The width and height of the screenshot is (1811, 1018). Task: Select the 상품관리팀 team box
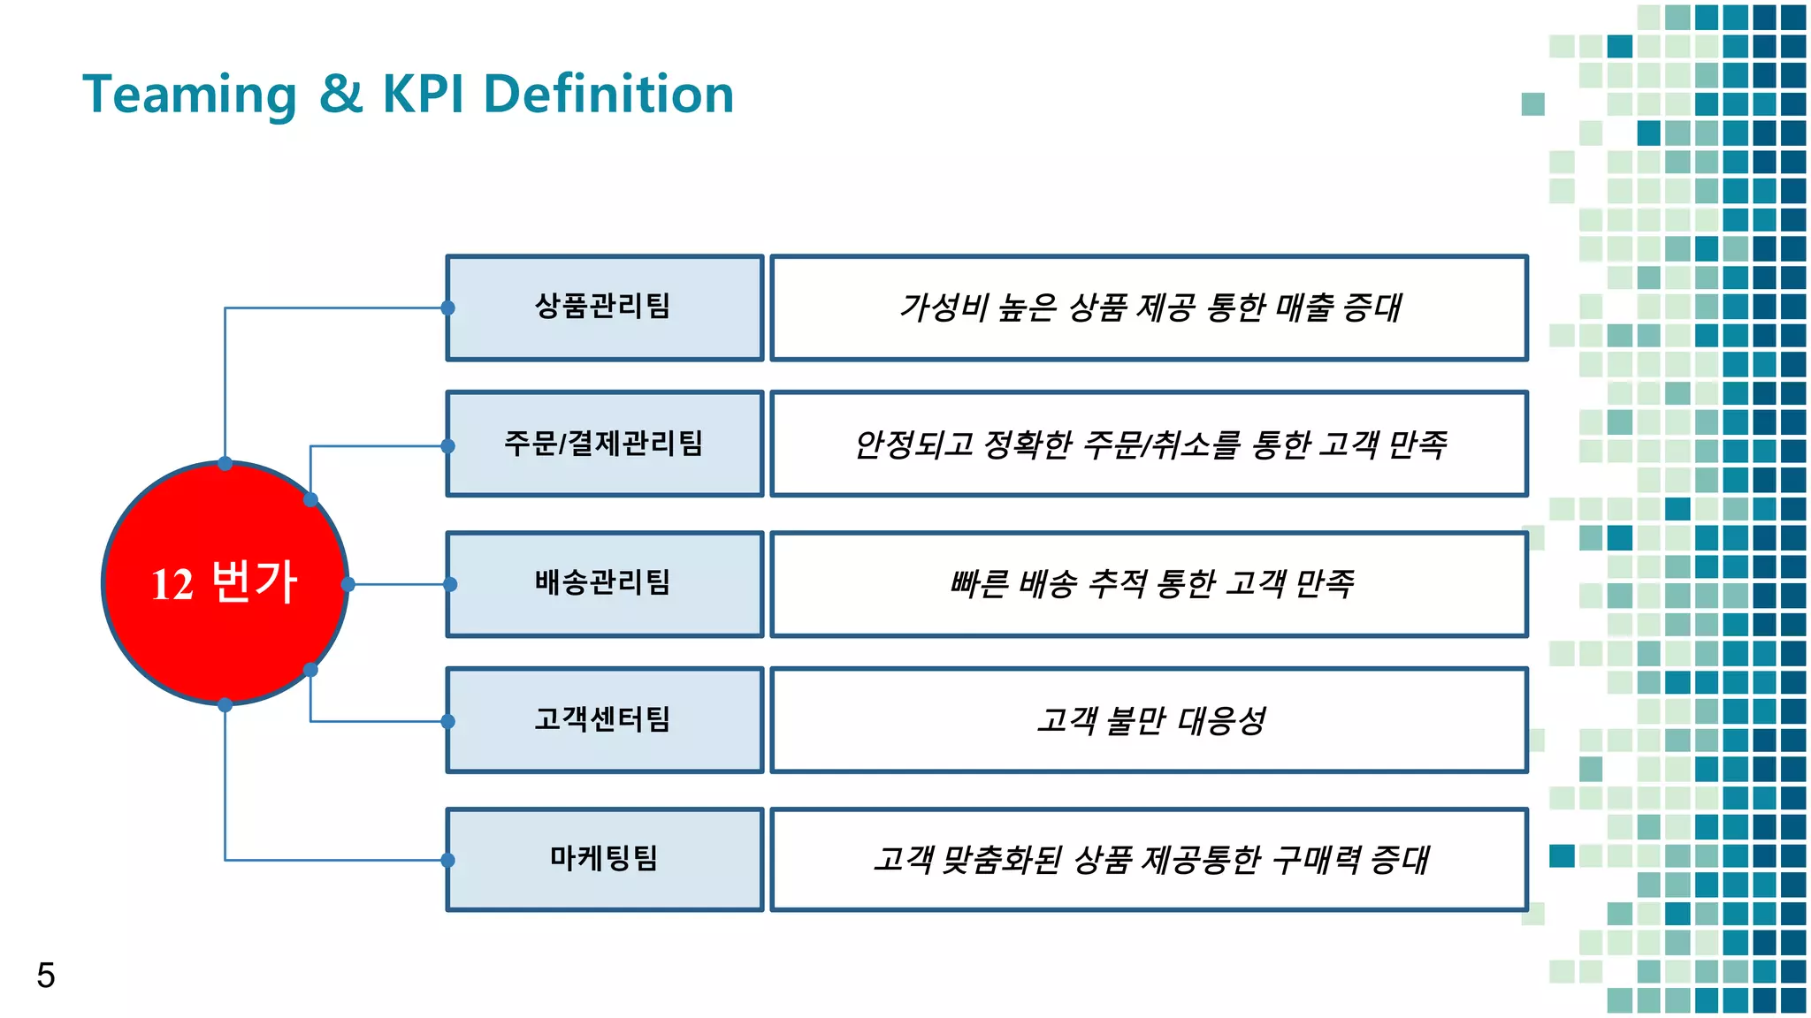[604, 308]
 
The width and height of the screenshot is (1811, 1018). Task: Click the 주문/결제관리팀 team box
[604, 444]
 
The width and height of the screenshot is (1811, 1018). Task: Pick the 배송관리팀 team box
[604, 583]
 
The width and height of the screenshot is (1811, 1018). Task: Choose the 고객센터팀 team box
[604, 720]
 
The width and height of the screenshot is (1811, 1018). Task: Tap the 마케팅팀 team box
[604, 859]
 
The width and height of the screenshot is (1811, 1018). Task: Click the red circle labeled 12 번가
[225, 583]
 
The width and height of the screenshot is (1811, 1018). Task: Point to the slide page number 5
[46, 976]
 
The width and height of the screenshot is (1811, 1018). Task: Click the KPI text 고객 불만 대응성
[1150, 720]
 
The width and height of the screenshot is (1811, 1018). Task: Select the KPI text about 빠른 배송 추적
[1150, 583]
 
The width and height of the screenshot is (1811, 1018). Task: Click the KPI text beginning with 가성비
[1150, 308]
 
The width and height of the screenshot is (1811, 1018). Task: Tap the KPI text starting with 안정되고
[1150, 444]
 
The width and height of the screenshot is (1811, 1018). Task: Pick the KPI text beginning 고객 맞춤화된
[1150, 859]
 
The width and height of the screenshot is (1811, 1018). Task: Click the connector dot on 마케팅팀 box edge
[448, 860]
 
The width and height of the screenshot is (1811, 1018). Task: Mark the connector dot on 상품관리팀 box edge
[448, 308]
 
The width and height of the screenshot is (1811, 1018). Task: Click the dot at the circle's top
[225, 463]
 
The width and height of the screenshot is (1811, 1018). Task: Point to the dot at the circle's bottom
[225, 704]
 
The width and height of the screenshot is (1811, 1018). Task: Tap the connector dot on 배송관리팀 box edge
[450, 584]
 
